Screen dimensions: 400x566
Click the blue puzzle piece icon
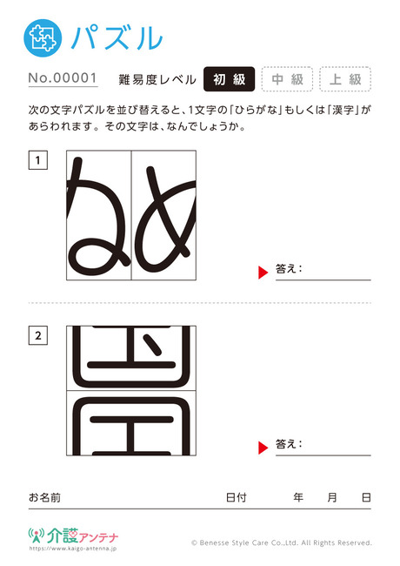pyautogui.click(x=43, y=38)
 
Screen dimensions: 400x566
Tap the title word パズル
pyautogui.click(x=117, y=37)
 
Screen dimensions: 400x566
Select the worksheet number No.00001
pyautogui.click(x=63, y=78)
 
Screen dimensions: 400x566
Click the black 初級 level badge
pyautogui.click(x=230, y=79)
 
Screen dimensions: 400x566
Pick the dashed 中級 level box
pyautogui.click(x=287, y=79)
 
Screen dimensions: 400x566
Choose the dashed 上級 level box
pyautogui.click(x=345, y=79)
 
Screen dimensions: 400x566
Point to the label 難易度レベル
pyautogui.click(x=157, y=79)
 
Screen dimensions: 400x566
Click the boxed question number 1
pyautogui.click(x=38, y=160)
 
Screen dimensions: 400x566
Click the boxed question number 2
pyautogui.click(x=38, y=335)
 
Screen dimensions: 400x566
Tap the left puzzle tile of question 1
pyautogui.click(x=99, y=215)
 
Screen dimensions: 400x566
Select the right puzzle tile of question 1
pyautogui.click(x=163, y=215)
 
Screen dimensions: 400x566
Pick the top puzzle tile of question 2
pyautogui.click(x=131, y=358)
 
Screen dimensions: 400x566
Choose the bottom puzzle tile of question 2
pyautogui.click(x=131, y=423)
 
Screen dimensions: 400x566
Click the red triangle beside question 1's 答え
pyautogui.click(x=263, y=273)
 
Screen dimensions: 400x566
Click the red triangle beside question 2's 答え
pyautogui.click(x=263, y=448)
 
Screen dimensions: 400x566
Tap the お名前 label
pyautogui.click(x=44, y=497)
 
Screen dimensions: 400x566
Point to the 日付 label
pyautogui.click(x=237, y=497)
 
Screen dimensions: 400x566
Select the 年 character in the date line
pyautogui.click(x=298, y=497)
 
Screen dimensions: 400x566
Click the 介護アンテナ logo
pyautogui.click(x=73, y=538)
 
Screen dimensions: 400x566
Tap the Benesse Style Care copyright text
pyautogui.click(x=282, y=542)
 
